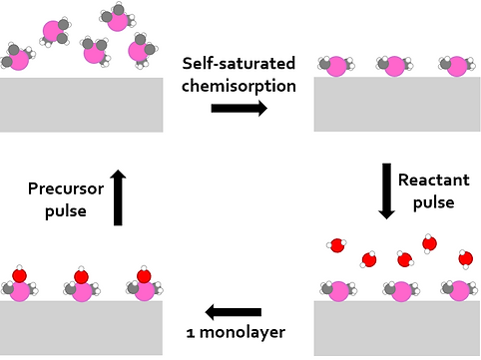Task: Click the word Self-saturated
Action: click(239, 63)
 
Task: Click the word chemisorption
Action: click(239, 85)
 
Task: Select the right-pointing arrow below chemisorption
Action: click(239, 108)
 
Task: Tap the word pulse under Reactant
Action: click(434, 201)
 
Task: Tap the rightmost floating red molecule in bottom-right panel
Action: click(465, 259)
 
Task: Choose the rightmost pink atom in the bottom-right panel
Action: click(459, 291)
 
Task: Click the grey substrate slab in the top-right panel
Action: click(396, 104)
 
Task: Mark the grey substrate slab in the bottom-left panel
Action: click(81, 327)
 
